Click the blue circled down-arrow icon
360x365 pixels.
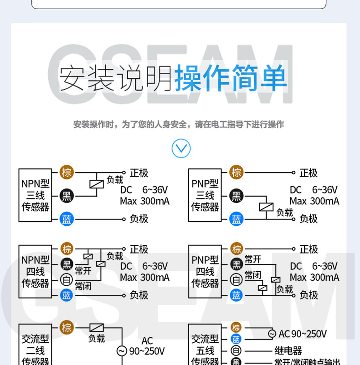click(181, 148)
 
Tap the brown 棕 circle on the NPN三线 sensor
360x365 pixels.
click(67, 172)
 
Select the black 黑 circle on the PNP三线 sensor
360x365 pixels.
click(236, 196)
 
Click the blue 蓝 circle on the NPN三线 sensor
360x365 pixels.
click(67, 219)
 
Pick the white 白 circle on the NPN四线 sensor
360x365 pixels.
click(67, 280)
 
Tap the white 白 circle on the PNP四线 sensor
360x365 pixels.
click(236, 279)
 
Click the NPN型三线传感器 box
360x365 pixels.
click(35, 195)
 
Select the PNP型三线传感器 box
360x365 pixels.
click(205, 195)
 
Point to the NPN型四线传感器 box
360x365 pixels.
click(35, 272)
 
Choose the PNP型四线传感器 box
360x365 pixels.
click(205, 272)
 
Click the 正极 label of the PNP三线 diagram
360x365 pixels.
click(309, 173)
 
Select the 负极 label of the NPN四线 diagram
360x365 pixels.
click(139, 295)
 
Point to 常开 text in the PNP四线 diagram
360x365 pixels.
click(253, 259)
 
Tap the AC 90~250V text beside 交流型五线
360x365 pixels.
click(303, 334)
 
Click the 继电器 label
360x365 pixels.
click(288, 351)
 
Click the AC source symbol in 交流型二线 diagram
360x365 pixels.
click(122, 351)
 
